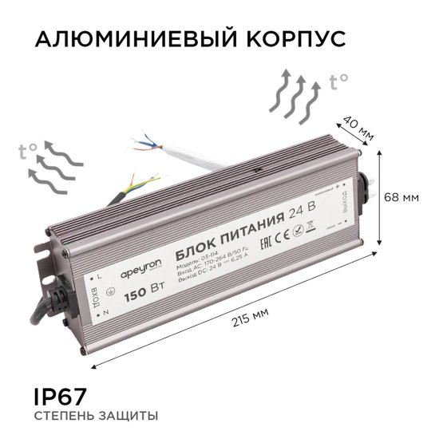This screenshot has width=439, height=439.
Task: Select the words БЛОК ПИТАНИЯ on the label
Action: (x=228, y=226)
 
